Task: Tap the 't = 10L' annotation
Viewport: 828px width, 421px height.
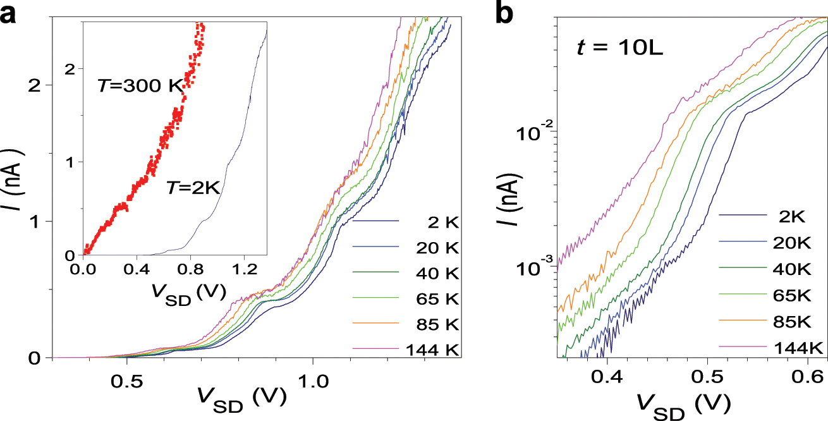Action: click(x=619, y=48)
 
